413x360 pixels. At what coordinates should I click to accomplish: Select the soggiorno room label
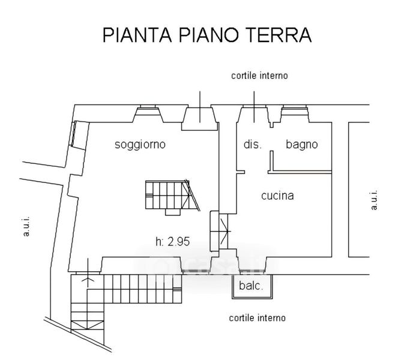coord(140,145)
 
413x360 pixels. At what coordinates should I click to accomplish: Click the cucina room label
coord(277,196)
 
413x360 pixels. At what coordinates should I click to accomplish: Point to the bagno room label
coord(301,145)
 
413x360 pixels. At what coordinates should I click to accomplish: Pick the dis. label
coord(252,145)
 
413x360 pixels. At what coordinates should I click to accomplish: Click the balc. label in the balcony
coord(252,286)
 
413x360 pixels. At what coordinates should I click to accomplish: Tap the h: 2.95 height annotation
coord(172,242)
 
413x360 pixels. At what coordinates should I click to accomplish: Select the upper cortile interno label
coord(260,76)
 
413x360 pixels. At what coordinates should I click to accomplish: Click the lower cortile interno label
coord(257,318)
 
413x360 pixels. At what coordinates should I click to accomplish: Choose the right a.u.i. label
coord(374,200)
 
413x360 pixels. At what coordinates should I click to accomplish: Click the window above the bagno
coord(295,111)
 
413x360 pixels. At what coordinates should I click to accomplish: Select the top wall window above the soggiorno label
coord(146,111)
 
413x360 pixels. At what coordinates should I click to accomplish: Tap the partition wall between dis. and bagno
coord(271,161)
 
